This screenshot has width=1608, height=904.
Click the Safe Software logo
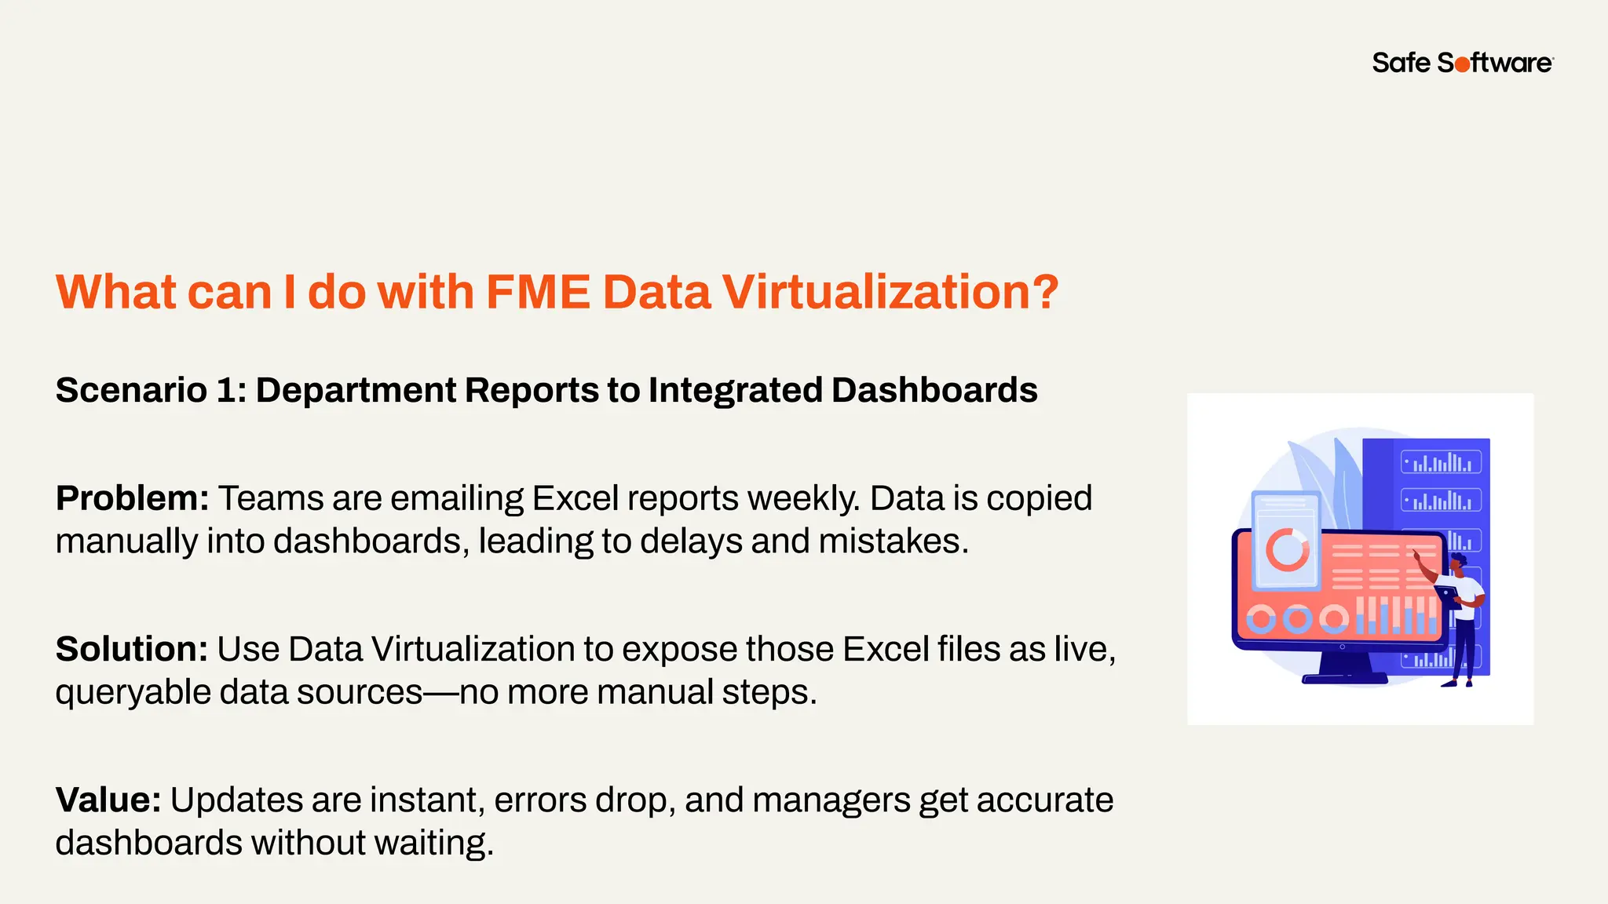1462,63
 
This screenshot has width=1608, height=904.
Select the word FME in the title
538,292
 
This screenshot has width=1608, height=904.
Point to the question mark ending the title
1044,292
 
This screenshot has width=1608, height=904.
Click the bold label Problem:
132,498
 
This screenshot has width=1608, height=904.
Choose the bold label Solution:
131,649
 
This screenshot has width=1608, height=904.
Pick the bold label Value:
108,800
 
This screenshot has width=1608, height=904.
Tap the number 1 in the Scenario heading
225,390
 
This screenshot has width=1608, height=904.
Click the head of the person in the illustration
1458,563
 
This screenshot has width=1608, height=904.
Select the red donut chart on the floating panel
1287,549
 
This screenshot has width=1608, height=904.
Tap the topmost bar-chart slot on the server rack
1441,462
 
